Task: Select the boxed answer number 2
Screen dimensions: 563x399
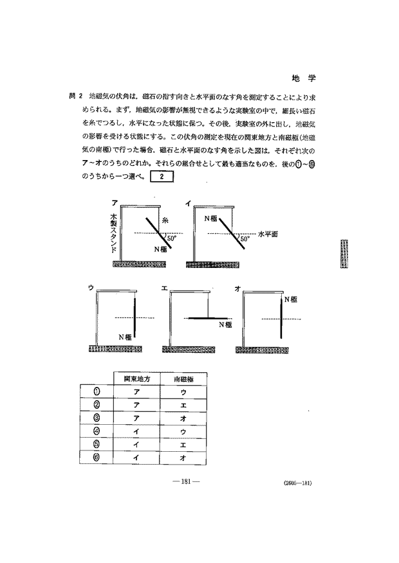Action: point(162,178)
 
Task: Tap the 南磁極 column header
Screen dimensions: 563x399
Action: point(183,378)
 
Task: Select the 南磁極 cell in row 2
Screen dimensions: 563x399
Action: point(183,404)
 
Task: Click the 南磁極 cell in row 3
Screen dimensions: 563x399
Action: point(183,418)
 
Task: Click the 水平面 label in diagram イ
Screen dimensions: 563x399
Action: point(267,234)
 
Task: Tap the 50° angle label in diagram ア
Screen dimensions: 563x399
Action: point(172,237)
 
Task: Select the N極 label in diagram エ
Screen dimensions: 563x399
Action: point(225,325)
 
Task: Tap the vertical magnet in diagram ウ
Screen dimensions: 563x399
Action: point(136,317)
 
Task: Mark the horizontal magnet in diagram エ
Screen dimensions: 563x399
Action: point(208,318)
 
